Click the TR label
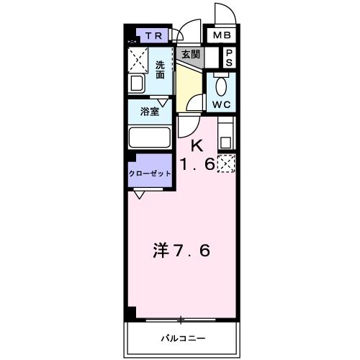(x=151, y=35)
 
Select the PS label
(x=229, y=58)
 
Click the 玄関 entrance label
(x=190, y=54)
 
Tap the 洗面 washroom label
(x=161, y=70)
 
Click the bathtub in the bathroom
(x=148, y=137)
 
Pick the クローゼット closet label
(x=150, y=174)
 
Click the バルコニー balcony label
(x=182, y=338)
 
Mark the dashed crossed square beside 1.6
(x=226, y=164)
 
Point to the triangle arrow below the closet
(x=138, y=194)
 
